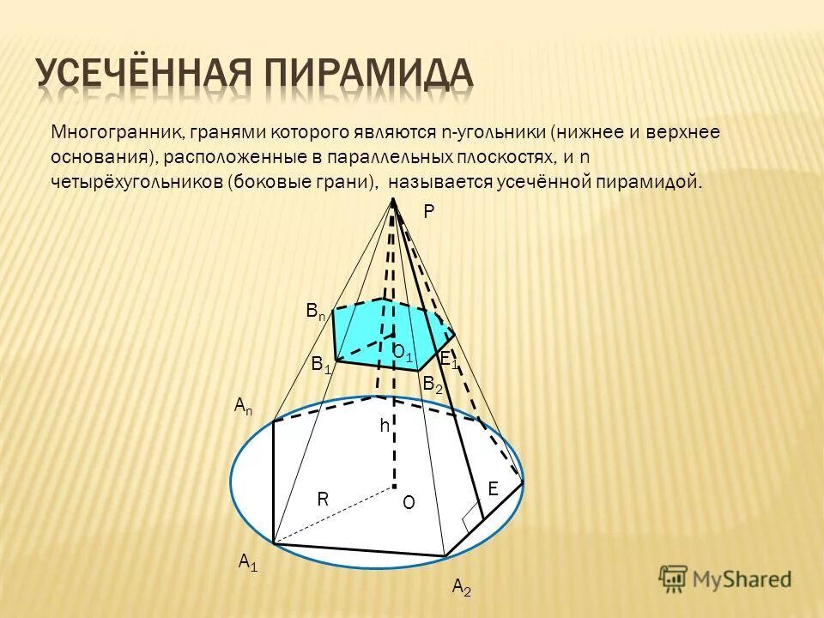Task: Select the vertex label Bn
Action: tap(316, 312)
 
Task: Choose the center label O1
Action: tap(403, 352)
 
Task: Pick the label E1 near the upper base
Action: tap(448, 360)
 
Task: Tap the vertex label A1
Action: tap(248, 562)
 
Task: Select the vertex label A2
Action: tap(461, 587)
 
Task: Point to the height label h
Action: tap(385, 426)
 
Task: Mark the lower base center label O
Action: tap(409, 503)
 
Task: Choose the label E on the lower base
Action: tap(493, 488)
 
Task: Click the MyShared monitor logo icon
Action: tap(675, 579)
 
